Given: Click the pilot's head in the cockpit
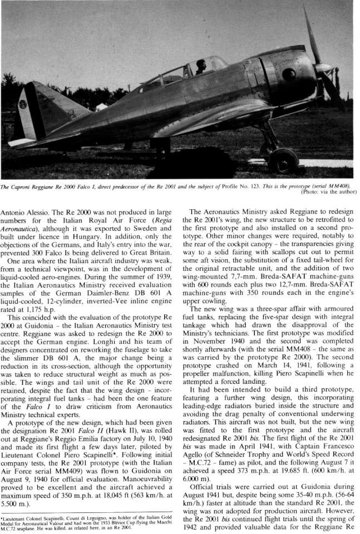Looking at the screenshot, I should click(x=201, y=65).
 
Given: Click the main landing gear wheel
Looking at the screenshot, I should click(x=283, y=160).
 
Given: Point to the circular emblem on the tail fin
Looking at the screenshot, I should click(x=22, y=104).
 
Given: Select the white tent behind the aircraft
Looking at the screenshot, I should click(x=101, y=106).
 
